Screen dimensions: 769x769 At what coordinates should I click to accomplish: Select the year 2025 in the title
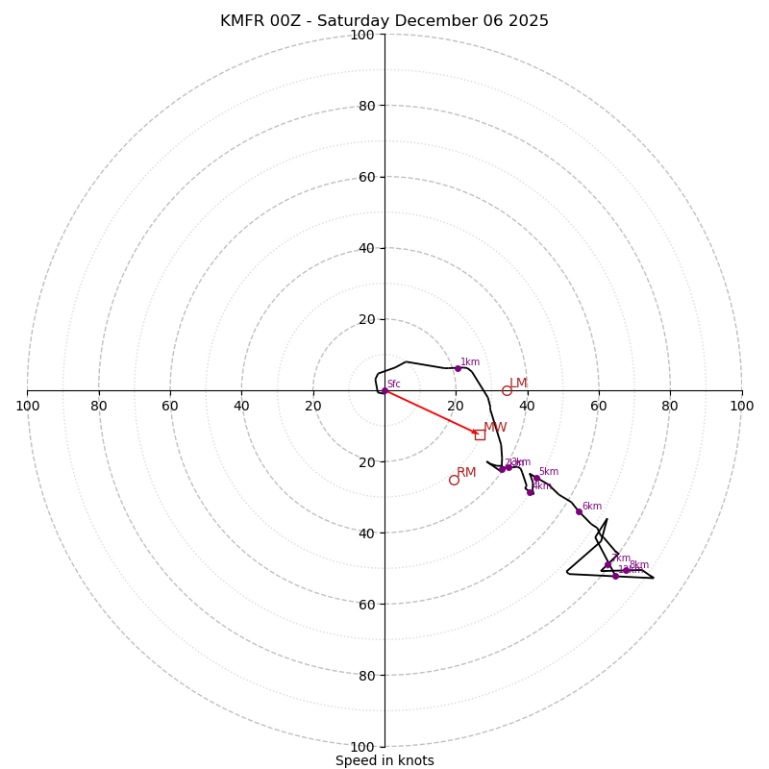click(x=527, y=21)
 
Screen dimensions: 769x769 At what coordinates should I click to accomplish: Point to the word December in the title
click(x=443, y=21)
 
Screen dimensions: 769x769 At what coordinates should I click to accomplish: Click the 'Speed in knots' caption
click(x=384, y=760)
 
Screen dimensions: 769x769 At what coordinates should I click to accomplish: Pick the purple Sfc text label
click(x=394, y=384)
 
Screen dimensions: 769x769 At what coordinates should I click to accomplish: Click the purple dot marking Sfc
click(x=384, y=390)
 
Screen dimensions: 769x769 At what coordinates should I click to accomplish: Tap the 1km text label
click(x=470, y=362)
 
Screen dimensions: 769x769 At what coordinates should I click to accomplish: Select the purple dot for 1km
click(x=458, y=368)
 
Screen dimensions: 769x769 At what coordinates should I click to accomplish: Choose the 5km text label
click(x=548, y=472)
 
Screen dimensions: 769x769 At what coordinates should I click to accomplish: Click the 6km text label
click(x=591, y=507)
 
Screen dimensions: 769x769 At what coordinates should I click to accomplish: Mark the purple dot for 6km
click(x=579, y=511)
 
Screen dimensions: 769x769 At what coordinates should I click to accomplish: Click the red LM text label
click(x=518, y=384)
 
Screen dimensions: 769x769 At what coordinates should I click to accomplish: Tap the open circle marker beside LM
click(x=507, y=390)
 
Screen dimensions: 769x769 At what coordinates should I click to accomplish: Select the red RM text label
click(x=466, y=473)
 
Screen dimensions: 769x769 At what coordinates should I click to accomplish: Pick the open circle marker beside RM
click(x=454, y=480)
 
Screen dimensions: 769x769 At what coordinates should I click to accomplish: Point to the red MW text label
click(x=495, y=428)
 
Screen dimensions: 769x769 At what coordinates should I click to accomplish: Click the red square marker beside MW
click(x=480, y=434)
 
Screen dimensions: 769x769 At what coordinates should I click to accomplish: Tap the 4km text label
click(x=542, y=485)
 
